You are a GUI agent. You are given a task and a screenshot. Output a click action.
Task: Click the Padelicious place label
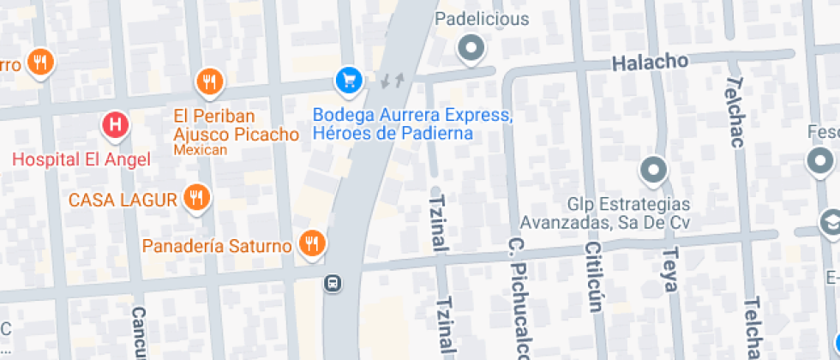482,19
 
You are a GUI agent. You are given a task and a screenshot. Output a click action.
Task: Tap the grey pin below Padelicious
471,48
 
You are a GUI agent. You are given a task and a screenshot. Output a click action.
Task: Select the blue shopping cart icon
348,81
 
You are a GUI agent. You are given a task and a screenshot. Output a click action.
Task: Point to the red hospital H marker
116,127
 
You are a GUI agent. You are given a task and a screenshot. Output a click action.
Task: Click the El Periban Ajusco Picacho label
236,125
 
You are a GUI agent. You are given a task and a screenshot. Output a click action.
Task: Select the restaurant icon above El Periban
209,81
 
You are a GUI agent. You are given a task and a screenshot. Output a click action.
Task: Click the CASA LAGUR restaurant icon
197,199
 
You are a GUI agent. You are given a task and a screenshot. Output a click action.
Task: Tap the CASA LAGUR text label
123,201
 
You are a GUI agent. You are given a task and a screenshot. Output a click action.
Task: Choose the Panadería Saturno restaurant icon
312,244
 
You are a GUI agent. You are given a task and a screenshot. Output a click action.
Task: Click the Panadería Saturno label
217,246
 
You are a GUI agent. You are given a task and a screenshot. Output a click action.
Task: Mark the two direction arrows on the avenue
393,81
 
